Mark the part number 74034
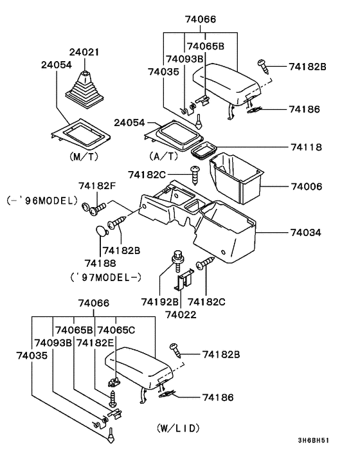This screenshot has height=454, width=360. pyautogui.click(x=306, y=232)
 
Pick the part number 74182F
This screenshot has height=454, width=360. pyautogui.click(x=97, y=186)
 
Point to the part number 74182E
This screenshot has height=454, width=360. pyautogui.click(x=95, y=343)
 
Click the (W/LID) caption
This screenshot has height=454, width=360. pyautogui.click(x=178, y=428)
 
